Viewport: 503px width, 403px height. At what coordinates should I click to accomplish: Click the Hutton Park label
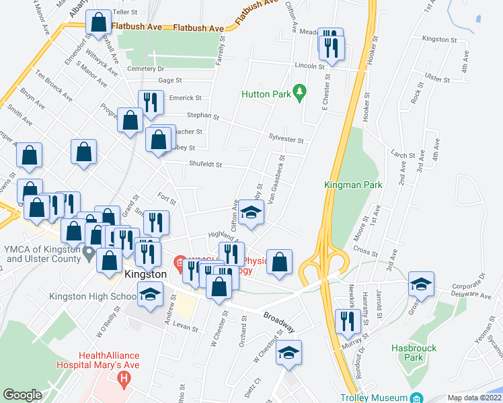266,95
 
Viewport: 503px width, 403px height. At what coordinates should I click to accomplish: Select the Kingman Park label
353,185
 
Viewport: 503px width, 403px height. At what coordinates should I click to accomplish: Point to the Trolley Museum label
373,397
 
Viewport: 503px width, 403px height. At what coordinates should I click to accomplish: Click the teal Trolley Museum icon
417,397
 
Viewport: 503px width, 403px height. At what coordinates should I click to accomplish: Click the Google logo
22,395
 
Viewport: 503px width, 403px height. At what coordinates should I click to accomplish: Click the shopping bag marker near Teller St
99,23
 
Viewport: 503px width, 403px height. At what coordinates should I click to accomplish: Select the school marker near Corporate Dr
421,285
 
